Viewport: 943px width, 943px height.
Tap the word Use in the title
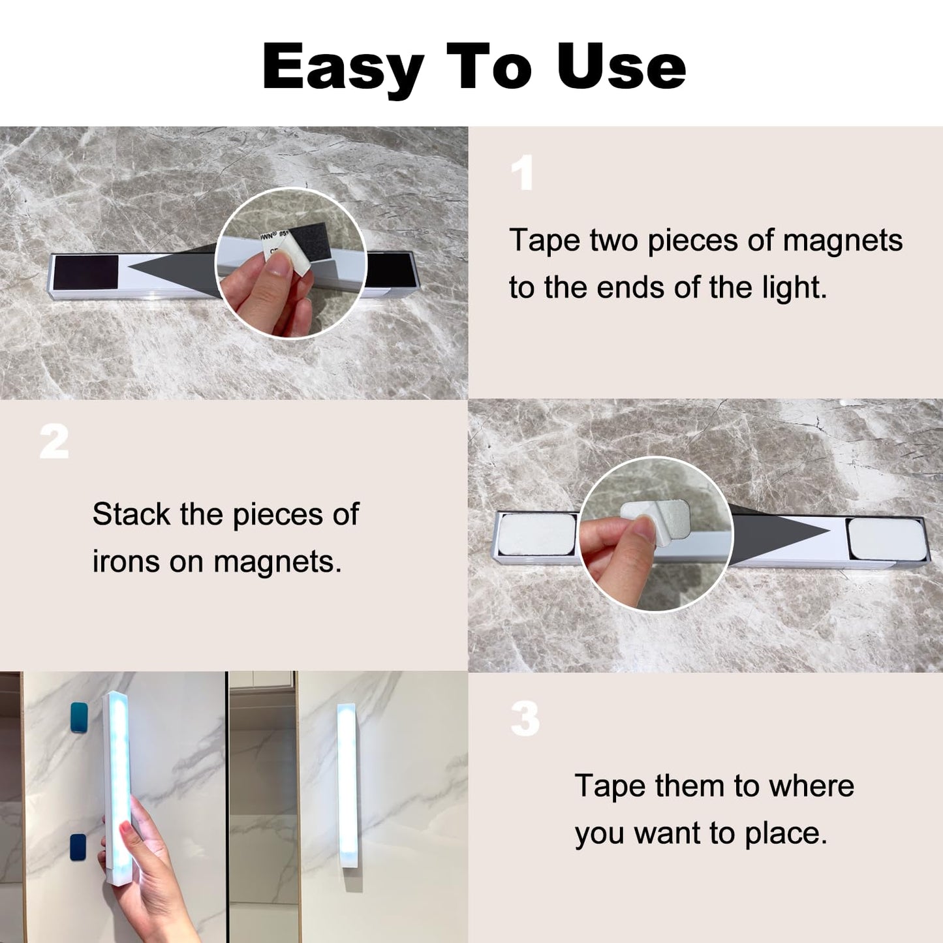point(621,66)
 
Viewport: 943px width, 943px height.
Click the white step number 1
point(522,172)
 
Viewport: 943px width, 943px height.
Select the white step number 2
point(54,441)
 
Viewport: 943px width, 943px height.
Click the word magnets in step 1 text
point(843,241)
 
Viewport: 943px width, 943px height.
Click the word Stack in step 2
point(131,514)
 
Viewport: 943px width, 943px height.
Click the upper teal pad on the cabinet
point(79,717)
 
